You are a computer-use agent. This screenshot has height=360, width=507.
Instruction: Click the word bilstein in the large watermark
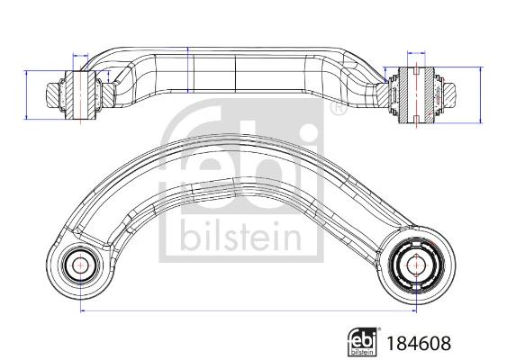240,237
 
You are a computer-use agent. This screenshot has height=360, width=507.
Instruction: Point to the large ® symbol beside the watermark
336,110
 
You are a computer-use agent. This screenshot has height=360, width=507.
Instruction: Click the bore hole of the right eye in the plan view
418,265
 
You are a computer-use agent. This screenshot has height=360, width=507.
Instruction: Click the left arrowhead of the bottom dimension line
84,311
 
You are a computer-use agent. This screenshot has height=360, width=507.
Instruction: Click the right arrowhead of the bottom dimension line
415,311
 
